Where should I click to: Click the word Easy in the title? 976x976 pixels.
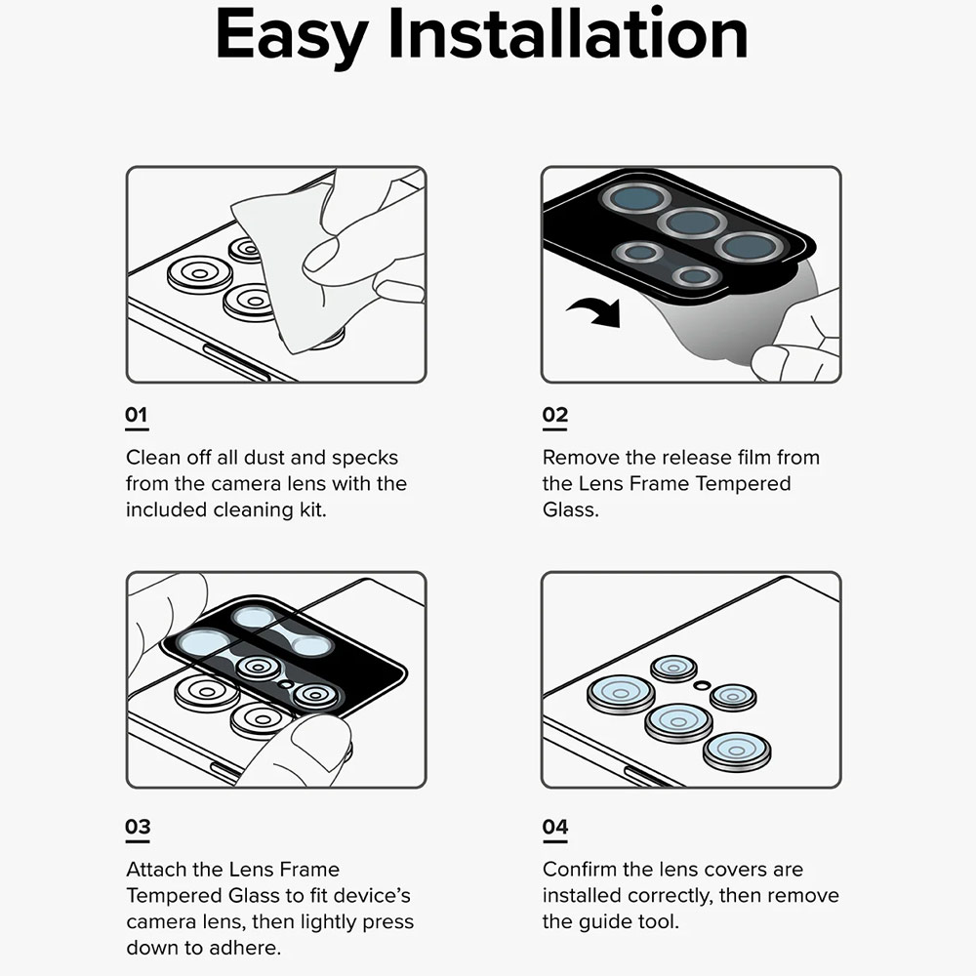[292, 36]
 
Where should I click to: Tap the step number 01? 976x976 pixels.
[137, 415]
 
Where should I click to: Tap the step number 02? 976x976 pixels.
[554, 415]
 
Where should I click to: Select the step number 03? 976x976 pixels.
[138, 828]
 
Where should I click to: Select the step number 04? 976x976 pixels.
[554, 828]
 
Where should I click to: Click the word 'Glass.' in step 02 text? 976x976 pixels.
[570, 510]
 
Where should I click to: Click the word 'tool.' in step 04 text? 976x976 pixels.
[658, 922]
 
